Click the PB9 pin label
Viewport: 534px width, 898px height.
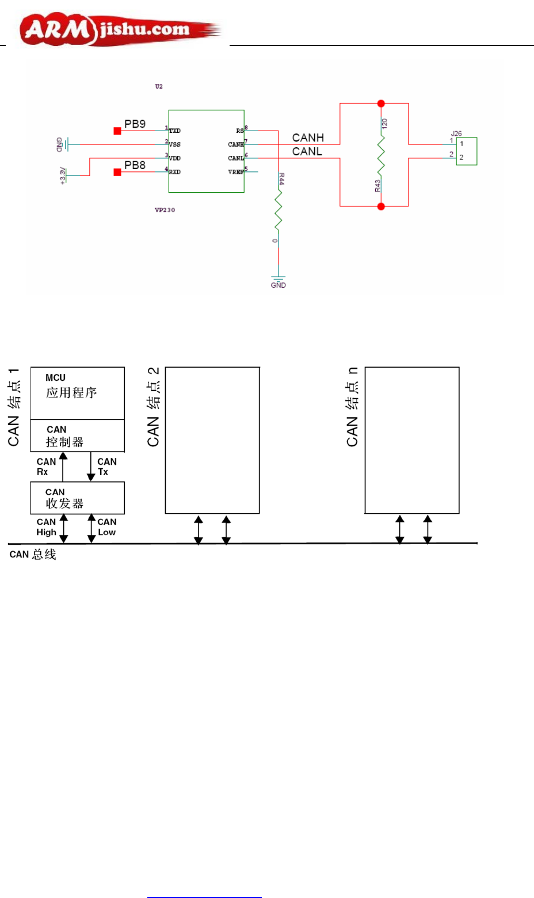tap(135, 124)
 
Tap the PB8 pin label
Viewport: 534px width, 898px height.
tap(135, 165)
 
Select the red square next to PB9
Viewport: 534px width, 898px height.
tap(117, 131)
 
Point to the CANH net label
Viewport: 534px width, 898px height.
tap(308, 137)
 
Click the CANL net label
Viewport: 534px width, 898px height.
tap(307, 151)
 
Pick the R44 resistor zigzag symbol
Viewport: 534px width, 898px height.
tap(278, 210)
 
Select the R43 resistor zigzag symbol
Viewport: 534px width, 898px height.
tap(380, 155)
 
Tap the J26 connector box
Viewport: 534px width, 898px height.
tap(466, 151)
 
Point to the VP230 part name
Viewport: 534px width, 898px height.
tap(165, 210)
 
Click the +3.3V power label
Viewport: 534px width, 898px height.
tap(63, 175)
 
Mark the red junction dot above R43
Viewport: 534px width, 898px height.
tap(381, 104)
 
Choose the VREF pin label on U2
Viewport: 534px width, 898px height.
tap(235, 172)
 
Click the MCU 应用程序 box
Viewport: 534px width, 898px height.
tap(77, 393)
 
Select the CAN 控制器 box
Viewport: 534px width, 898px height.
tap(77, 435)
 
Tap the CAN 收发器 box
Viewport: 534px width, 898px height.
tap(77, 498)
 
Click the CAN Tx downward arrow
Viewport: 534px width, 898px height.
tap(91, 467)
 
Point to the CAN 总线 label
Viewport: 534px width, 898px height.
tap(33, 555)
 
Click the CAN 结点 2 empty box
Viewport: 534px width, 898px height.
tap(212, 440)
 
